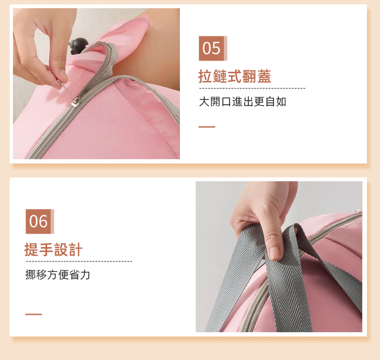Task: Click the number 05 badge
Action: pyautogui.click(x=213, y=48)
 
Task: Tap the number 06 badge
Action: pyautogui.click(x=40, y=221)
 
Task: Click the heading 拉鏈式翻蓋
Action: pyautogui.click(x=235, y=76)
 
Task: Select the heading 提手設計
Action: pyautogui.click(x=53, y=250)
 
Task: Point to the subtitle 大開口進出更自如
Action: pyautogui.click(x=243, y=101)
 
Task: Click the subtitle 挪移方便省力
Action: pyautogui.click(x=58, y=275)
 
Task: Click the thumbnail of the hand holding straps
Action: pyautogui.click(x=279, y=257)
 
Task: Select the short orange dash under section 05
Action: pyautogui.click(x=207, y=127)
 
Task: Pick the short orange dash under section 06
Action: pyautogui.click(x=33, y=314)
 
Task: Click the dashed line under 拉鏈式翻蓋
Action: pyautogui.click(x=252, y=89)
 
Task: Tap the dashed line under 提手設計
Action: pyautogui.click(x=79, y=261)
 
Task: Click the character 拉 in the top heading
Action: pyautogui.click(x=205, y=76)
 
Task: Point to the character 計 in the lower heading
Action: pyautogui.click(x=75, y=250)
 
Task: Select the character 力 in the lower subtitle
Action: pyautogui.click(x=85, y=275)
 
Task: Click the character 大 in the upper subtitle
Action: pyautogui.click(x=204, y=101)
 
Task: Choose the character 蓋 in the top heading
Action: pyautogui.click(x=264, y=76)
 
